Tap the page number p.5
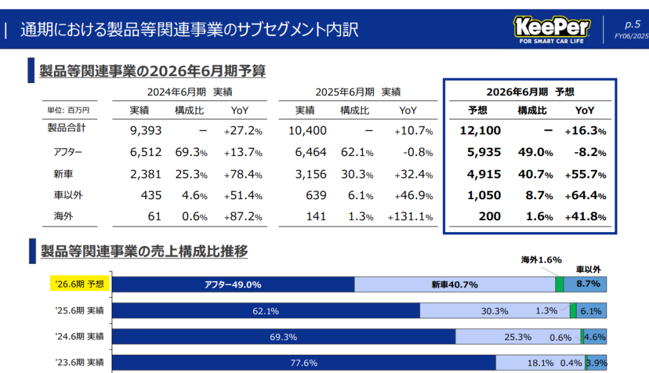point(632,25)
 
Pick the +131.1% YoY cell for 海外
point(411,217)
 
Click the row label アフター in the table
point(68,152)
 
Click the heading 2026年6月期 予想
point(530,91)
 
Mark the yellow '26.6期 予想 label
point(80,284)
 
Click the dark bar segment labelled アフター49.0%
point(233,285)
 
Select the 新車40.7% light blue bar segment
point(454,285)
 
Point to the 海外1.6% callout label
point(541,259)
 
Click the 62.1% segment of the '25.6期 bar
point(266,311)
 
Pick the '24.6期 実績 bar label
point(80,336)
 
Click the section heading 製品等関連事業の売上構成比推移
point(143,251)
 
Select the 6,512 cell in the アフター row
point(146,152)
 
